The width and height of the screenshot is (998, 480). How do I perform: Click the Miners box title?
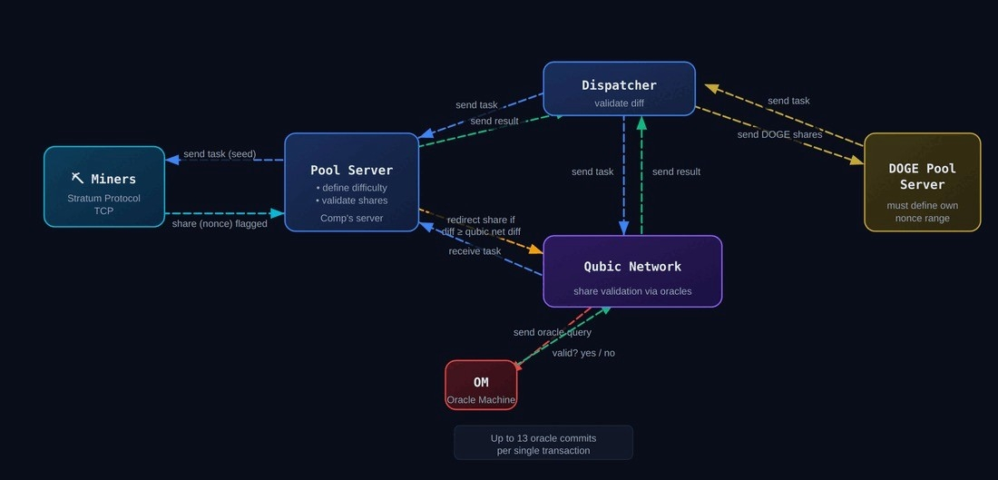point(113,179)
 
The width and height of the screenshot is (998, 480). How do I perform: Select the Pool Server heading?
point(351,170)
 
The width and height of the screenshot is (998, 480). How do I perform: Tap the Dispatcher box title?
point(619,85)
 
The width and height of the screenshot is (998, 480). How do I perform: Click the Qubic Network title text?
point(632,266)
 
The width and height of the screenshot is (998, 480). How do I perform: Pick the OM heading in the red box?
point(481,383)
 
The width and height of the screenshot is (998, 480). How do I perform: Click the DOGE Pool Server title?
point(922,176)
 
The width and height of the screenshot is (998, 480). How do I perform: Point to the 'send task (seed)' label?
point(220,153)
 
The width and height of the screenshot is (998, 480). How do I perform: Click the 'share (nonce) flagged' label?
point(220,223)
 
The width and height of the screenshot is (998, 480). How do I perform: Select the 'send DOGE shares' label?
point(779,134)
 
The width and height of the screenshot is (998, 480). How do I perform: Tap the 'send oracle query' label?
point(552,332)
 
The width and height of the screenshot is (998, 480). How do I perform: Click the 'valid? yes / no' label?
point(583,353)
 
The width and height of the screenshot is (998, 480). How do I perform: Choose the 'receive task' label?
point(475,251)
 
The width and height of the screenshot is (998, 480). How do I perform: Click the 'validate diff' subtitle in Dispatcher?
point(619,103)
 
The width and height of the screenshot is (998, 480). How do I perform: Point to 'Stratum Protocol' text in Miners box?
point(103,198)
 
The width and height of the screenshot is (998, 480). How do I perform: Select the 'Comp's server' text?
point(351,218)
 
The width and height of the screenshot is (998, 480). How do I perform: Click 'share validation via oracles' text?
point(632,291)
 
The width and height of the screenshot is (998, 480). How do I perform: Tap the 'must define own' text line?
point(922,205)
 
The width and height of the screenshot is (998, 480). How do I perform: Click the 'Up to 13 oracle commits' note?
point(543,438)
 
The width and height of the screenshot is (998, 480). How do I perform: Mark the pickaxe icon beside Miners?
point(78,179)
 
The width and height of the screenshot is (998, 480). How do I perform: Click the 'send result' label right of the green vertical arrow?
point(676,171)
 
